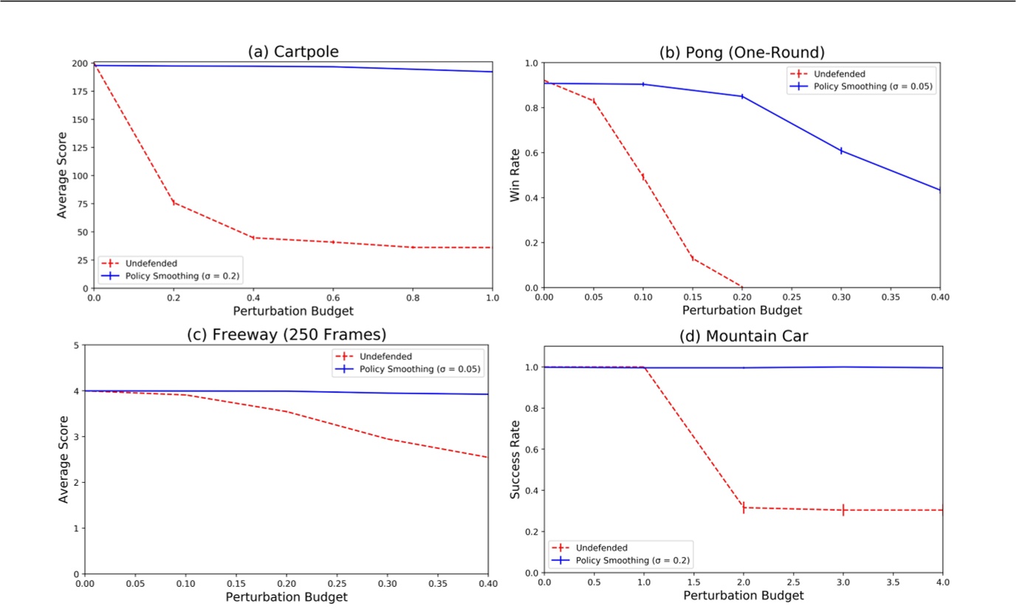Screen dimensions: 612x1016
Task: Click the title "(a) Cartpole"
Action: tap(293, 52)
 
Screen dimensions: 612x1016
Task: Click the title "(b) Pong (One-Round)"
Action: tap(741, 52)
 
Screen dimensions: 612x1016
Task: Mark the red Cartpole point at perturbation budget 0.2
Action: tap(174, 202)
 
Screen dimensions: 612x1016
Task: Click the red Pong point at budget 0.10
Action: tap(642, 176)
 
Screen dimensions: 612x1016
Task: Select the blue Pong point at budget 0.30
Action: tap(840, 151)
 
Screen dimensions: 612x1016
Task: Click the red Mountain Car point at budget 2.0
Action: tap(744, 507)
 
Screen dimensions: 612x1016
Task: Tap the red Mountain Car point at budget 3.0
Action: tap(842, 510)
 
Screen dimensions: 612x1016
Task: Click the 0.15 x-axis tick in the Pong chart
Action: tap(692, 298)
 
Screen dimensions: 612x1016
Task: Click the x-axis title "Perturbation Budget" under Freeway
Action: tap(286, 596)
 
